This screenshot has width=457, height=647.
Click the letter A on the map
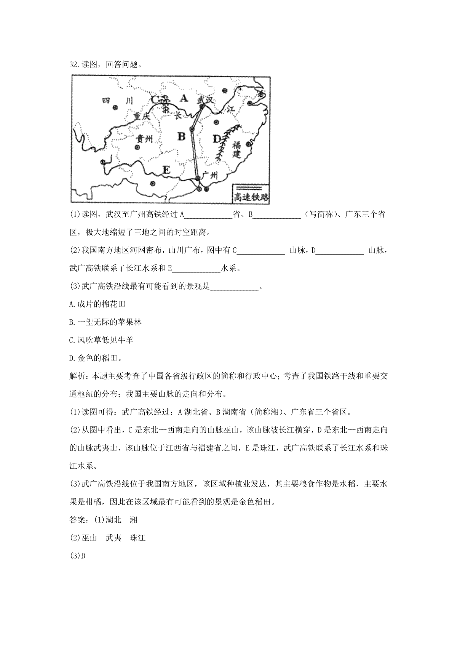pyautogui.click(x=184, y=98)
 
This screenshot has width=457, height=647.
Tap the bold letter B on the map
pyautogui.click(x=181, y=136)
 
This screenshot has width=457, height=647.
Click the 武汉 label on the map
pyautogui.click(x=205, y=100)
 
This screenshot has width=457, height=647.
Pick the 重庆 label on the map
pyautogui.click(x=142, y=115)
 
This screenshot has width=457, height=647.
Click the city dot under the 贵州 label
pyautogui.click(x=137, y=147)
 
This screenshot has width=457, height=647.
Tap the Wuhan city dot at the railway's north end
pyautogui.click(x=202, y=107)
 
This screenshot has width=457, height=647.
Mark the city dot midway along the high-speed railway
pyautogui.click(x=192, y=130)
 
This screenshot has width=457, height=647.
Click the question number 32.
pyautogui.click(x=74, y=64)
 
